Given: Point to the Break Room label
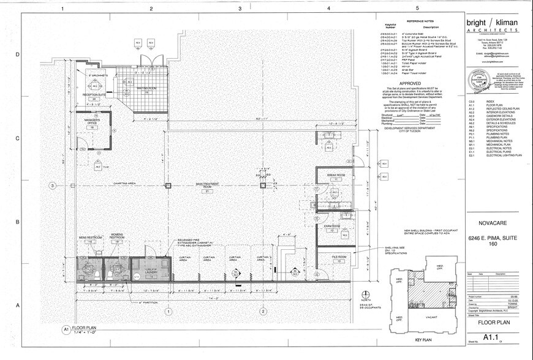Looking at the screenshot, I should coord(336,175).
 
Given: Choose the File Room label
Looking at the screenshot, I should coord(339,257).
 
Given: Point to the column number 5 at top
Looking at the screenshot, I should coord(417,9).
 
